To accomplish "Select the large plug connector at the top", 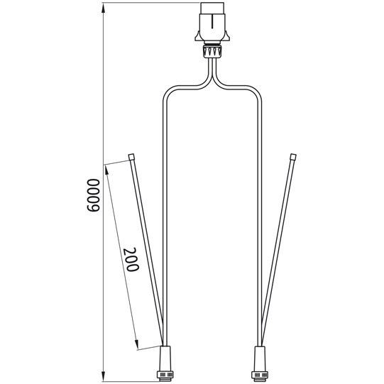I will (213, 25).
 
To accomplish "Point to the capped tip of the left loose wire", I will (131, 156).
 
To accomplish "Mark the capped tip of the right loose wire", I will (292, 156).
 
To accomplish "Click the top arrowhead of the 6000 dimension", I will (104, 7).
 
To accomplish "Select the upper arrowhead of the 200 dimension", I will (106, 168).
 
